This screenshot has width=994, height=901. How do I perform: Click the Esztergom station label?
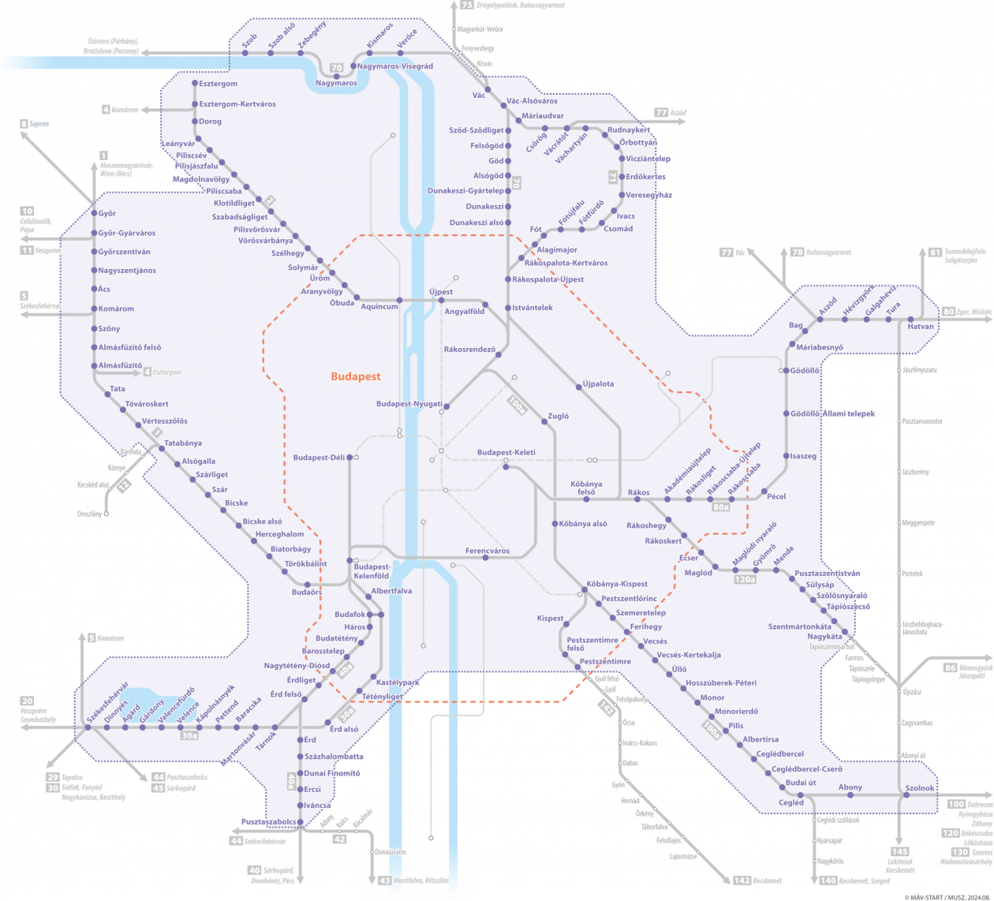(218, 84)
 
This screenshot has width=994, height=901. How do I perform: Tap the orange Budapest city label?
(355, 376)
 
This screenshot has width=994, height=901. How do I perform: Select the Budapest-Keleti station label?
(506, 453)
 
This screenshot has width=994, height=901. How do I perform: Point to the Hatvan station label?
(921, 327)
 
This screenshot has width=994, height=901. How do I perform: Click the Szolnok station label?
(920, 788)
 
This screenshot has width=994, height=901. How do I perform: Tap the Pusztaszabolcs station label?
(268, 822)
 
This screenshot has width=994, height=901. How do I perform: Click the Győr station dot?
(93, 214)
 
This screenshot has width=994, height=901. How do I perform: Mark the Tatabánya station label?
(183, 443)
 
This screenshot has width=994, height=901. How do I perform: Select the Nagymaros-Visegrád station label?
(394, 67)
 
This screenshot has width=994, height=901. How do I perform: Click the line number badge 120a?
(745, 580)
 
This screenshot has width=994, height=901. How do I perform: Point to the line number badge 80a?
(720, 507)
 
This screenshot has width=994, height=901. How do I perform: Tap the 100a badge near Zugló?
(517, 406)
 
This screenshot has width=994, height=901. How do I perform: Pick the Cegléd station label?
(790, 803)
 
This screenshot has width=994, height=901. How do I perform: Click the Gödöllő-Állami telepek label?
(834, 414)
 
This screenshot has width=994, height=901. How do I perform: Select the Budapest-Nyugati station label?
(409, 405)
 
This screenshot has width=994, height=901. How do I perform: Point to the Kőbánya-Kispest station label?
(617, 585)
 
